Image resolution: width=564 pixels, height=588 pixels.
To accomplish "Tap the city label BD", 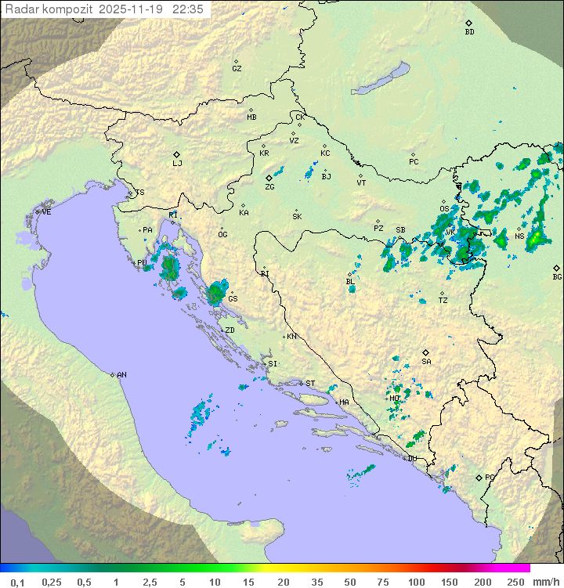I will click(469, 32).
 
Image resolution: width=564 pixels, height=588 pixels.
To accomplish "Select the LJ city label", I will click(177, 164).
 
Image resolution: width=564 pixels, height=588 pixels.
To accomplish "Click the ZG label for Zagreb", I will click(269, 187).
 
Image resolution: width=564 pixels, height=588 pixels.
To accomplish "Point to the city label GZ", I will click(237, 69).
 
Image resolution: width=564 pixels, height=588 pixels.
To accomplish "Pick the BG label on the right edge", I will click(557, 276).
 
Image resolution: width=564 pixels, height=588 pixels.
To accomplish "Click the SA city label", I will click(426, 362).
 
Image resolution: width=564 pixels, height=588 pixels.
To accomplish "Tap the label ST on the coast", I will click(310, 384).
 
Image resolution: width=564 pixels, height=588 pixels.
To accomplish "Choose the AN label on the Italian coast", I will click(121, 375).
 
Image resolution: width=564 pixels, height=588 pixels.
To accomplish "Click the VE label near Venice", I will click(46, 212).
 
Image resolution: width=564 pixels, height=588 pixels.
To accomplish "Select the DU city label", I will click(412, 459).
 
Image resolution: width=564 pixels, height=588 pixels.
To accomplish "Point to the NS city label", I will click(519, 236).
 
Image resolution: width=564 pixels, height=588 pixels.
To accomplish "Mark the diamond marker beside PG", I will click(479, 477).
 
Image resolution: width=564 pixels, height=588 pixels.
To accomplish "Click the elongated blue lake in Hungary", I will click(380, 79).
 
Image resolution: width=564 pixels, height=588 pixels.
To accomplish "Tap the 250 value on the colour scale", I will click(515, 582).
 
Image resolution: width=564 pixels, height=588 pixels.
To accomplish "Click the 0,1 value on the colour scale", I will click(17, 582).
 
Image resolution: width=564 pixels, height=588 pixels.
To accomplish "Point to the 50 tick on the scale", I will click(349, 582).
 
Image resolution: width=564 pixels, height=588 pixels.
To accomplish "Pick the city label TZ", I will click(443, 301).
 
